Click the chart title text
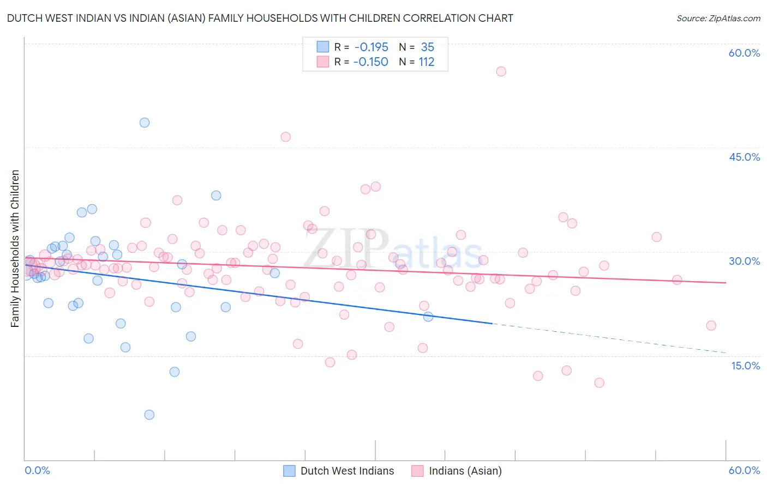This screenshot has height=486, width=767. click(260, 18)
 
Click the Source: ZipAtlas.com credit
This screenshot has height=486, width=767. click(718, 18)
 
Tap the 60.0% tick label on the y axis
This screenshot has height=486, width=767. click(744, 53)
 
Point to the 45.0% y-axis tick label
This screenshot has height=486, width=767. click(744, 157)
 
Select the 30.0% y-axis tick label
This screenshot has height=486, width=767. click(744, 261)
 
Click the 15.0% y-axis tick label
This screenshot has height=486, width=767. click(745, 366)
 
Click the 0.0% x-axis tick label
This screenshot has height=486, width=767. click(37, 470)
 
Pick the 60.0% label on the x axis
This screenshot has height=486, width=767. click(744, 470)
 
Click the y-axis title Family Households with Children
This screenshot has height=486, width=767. click(15, 248)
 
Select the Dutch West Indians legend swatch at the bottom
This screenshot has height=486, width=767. click(289, 471)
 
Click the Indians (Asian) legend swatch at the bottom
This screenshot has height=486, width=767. click(417, 471)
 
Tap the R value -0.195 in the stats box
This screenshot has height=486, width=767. click(371, 47)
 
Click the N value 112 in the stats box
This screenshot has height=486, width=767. click(426, 62)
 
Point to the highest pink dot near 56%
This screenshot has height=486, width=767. click(501, 71)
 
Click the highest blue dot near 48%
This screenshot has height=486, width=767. click(145, 123)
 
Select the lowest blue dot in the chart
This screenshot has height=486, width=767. click(149, 415)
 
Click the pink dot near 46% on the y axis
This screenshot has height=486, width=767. click(285, 137)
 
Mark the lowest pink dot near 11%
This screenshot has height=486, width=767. click(599, 382)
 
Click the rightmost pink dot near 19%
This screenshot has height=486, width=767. click(711, 325)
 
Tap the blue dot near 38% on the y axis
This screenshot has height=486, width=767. click(216, 196)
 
